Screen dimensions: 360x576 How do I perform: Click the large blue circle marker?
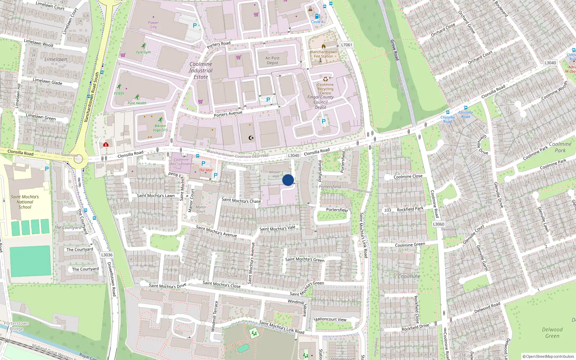(288, 180)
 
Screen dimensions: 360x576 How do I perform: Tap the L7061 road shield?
(347, 45)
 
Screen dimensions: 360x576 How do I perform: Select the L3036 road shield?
(107, 255)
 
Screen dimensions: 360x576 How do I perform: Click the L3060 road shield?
(438, 224)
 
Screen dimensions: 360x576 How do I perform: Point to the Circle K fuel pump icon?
(317, 16)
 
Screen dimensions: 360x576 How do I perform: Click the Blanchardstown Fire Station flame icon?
(323, 46)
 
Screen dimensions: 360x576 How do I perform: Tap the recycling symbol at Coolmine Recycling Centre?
(325, 79)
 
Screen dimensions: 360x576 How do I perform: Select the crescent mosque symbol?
(251, 138)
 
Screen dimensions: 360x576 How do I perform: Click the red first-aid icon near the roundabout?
(106, 144)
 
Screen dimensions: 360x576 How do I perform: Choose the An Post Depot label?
(273, 60)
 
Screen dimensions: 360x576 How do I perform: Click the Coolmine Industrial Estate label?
(201, 71)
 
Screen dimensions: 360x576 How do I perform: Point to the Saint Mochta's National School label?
(25, 202)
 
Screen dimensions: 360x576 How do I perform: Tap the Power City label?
(153, 25)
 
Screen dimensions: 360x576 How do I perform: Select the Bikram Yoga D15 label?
(160, 128)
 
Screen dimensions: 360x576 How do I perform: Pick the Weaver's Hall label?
(276, 174)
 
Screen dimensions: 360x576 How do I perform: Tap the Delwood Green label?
(552, 333)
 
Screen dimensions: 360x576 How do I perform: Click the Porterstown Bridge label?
(16, 326)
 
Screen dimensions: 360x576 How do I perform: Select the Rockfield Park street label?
(410, 209)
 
